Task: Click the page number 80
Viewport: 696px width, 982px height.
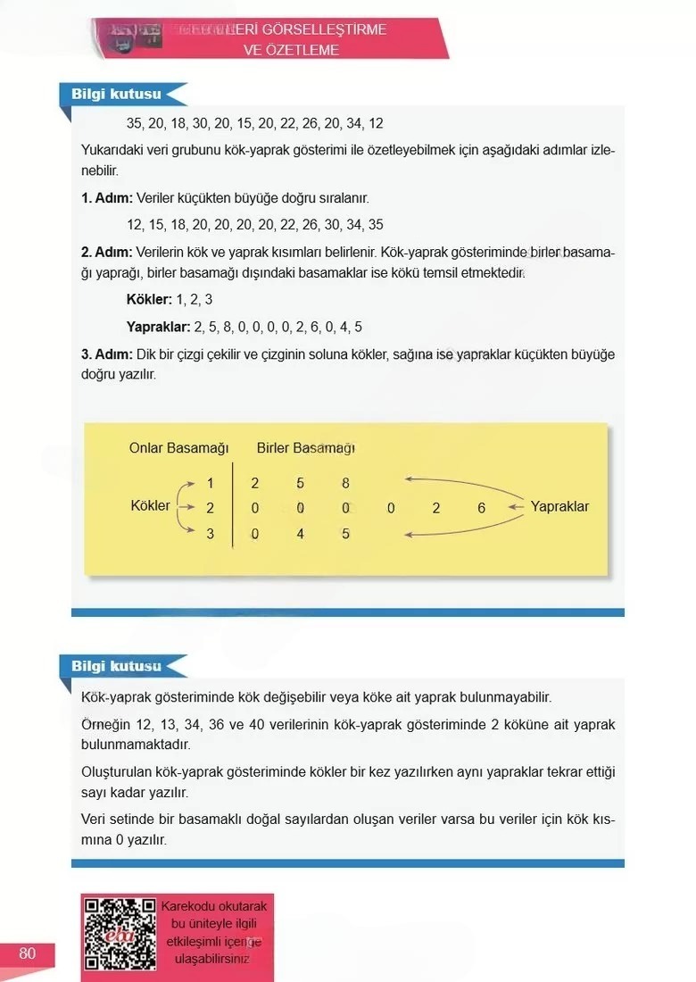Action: [27, 953]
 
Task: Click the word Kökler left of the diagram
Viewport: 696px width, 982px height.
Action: [150, 506]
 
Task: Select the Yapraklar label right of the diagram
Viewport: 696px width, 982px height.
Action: [559, 506]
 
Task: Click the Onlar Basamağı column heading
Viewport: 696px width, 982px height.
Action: [179, 448]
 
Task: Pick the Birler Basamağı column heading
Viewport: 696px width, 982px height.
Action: [305, 448]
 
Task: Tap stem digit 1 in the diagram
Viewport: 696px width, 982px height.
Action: [211, 483]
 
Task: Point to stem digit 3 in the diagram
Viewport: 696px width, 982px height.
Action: [211, 534]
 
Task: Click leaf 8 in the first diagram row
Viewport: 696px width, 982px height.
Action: [345, 483]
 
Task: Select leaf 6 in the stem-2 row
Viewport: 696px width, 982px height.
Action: [482, 508]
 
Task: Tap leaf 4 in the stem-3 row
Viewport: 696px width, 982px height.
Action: [301, 534]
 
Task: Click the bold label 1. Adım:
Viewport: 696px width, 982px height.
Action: [107, 198]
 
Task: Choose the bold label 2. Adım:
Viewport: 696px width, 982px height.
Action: [107, 253]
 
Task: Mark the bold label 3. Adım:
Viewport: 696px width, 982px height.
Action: [107, 355]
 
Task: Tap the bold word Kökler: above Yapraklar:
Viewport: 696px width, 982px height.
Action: [149, 300]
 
